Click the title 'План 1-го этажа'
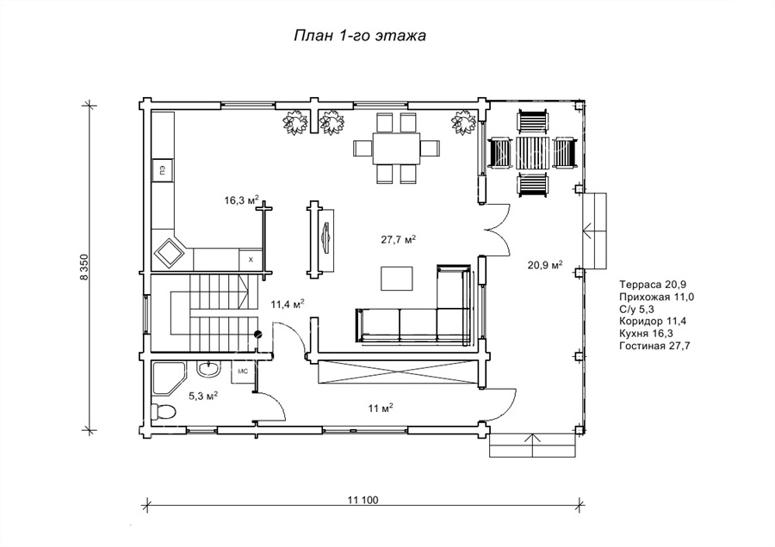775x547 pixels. [x=360, y=36]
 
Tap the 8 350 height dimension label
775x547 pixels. [x=84, y=267]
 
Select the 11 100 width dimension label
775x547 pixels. [x=363, y=500]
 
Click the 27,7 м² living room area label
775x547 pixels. [x=398, y=239]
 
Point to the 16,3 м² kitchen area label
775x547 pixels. [x=242, y=200]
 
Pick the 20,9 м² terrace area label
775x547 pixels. [x=545, y=265]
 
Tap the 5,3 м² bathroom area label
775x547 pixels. [x=203, y=396]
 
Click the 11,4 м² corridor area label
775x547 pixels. [x=287, y=304]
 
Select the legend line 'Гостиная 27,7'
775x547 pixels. [x=654, y=346]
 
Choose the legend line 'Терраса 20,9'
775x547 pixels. [x=653, y=285]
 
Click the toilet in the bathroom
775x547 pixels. [x=163, y=411]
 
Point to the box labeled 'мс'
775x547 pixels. [x=243, y=372]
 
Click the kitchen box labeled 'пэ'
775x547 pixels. [x=162, y=171]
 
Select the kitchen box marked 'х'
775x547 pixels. [x=251, y=259]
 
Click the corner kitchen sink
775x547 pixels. [x=170, y=253]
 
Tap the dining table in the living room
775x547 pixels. [x=396, y=148]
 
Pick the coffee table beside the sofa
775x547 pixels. [x=396, y=279]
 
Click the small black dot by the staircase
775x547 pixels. [x=257, y=335]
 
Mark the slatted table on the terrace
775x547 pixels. [x=533, y=153]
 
